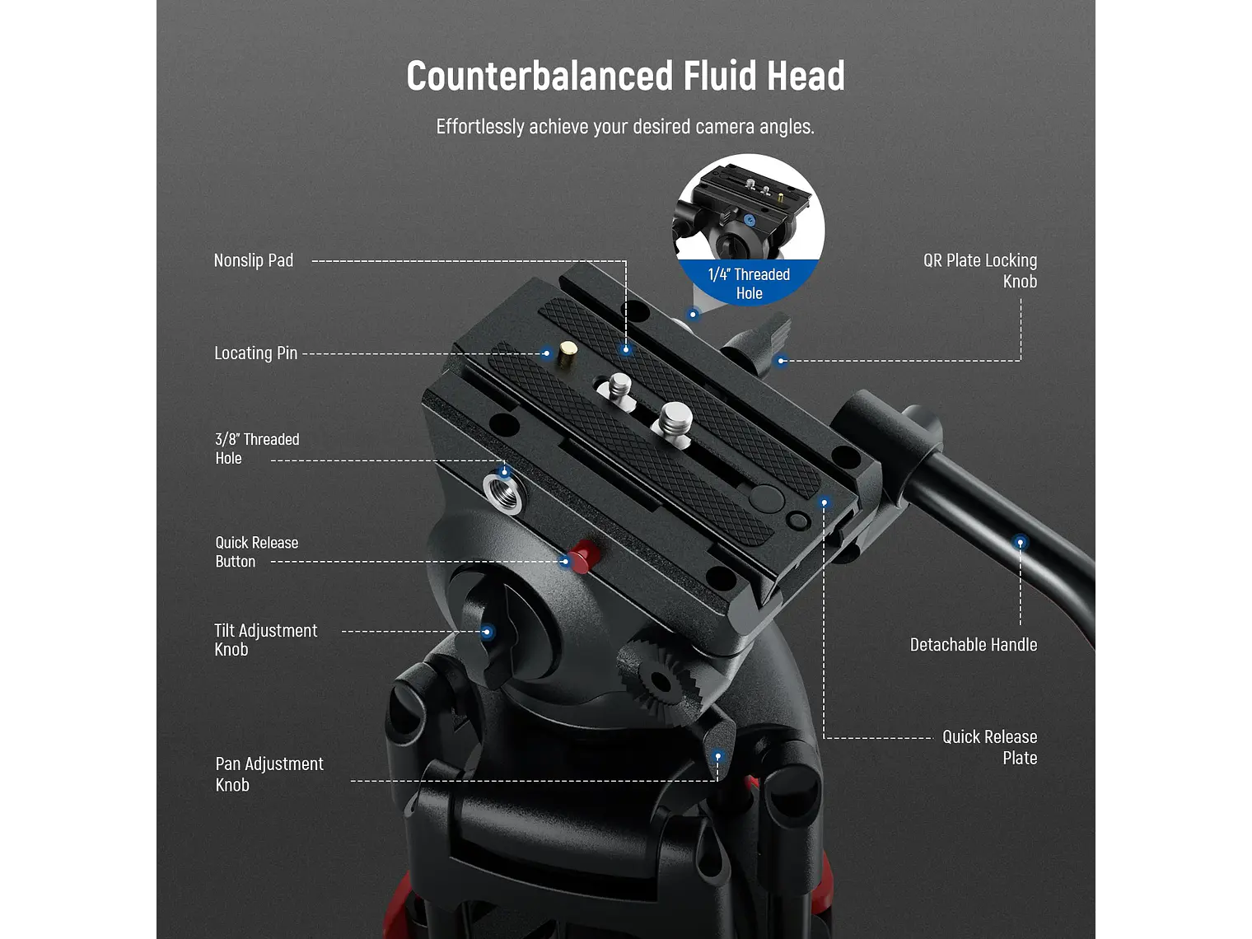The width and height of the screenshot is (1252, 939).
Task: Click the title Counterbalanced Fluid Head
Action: pyautogui.click(x=625, y=76)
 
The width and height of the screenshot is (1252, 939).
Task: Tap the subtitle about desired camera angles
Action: pyautogui.click(x=625, y=127)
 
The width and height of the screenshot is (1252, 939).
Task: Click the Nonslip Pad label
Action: pyautogui.click(x=253, y=260)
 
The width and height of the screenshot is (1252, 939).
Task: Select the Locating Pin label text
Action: pyautogui.click(x=255, y=353)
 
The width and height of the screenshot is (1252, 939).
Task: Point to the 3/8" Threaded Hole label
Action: pyautogui.click(x=256, y=449)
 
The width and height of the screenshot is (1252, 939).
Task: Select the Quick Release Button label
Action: pyautogui.click(x=256, y=552)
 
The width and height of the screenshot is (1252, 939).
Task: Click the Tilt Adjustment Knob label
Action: pyautogui.click(x=264, y=640)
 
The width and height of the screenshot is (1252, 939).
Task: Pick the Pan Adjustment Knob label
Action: pyautogui.click(x=269, y=774)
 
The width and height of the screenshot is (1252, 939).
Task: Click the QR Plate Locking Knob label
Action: pyautogui.click(x=980, y=270)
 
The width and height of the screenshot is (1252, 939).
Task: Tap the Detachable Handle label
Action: pyautogui.click(x=973, y=645)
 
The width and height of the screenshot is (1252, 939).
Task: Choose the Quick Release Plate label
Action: pyautogui.click(x=989, y=747)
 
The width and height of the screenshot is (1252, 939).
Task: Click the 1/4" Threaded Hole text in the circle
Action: pyautogui.click(x=749, y=283)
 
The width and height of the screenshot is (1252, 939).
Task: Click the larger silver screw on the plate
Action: pyautogui.click(x=675, y=419)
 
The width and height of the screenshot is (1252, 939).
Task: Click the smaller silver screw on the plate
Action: pyautogui.click(x=619, y=386)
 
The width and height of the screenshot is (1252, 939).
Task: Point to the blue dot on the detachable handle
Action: pyautogui.click(x=1020, y=542)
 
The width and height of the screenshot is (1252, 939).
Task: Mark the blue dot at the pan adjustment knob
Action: pyautogui.click(x=717, y=756)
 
